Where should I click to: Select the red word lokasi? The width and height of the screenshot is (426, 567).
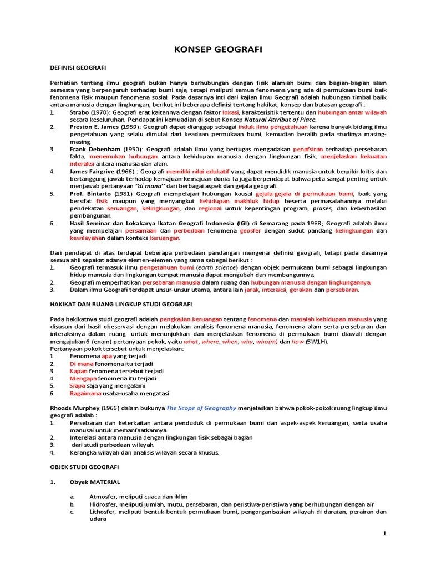[230, 112]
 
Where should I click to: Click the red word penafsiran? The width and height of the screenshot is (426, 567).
[308, 150]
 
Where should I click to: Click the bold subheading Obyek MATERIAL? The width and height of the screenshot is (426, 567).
[95, 482]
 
